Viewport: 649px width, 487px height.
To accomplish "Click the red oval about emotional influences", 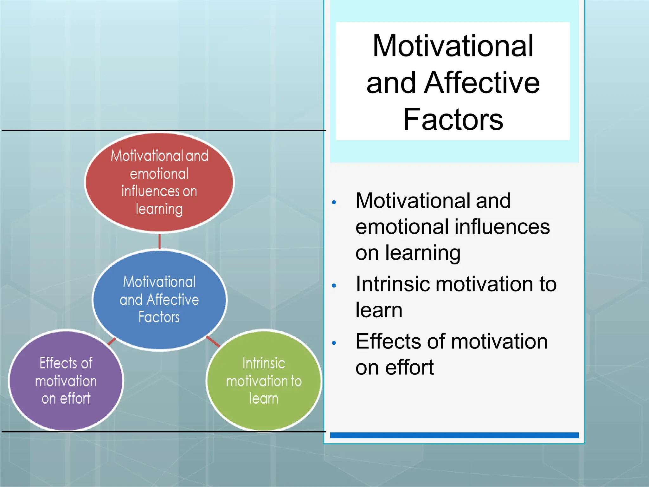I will (x=159, y=182).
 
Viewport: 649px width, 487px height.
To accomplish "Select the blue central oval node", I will (x=159, y=300).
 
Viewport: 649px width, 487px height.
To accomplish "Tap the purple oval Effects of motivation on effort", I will (x=66, y=380).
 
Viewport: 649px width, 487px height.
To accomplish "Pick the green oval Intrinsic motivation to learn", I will (x=264, y=380).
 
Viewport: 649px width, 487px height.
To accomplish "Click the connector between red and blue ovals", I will (x=159, y=242).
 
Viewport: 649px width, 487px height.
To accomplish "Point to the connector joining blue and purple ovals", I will (x=112, y=341).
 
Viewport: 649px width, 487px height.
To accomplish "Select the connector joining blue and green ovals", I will (x=213, y=341).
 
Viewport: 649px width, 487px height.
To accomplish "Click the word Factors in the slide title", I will (x=453, y=120).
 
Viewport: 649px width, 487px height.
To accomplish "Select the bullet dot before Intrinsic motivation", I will (x=334, y=286).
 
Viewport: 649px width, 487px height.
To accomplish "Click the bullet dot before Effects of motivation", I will (x=334, y=343).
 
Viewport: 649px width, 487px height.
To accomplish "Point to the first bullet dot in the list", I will (x=334, y=202).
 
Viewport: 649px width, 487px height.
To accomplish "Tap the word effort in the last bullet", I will (x=409, y=368).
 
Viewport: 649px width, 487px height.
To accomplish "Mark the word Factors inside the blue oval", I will (x=159, y=317).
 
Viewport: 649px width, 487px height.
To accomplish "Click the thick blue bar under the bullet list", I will (x=454, y=435).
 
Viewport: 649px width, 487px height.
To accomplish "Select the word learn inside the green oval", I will (x=264, y=399).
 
